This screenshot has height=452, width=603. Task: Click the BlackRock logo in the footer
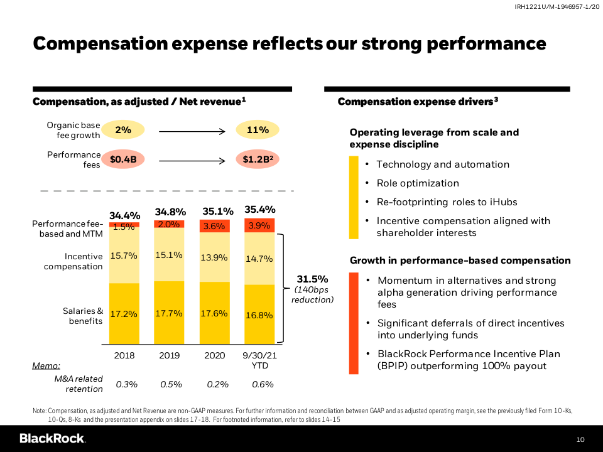[52, 438]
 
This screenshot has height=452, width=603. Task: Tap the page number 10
[580, 439]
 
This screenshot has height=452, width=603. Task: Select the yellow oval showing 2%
[123, 130]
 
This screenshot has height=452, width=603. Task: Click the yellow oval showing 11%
[258, 130]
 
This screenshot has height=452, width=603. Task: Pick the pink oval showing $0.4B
[123, 159]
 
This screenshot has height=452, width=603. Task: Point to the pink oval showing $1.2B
[258, 159]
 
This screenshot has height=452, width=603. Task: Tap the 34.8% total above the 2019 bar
[170, 212]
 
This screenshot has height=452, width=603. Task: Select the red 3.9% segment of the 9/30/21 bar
[259, 225]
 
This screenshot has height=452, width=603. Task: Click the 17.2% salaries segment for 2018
[124, 314]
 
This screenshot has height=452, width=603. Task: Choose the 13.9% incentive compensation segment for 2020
[214, 258]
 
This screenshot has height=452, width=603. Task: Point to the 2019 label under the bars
[169, 355]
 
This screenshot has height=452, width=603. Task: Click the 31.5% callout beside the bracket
[312, 279]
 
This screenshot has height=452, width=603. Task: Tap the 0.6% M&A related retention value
[259, 384]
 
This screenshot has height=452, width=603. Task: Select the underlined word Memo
[46, 365]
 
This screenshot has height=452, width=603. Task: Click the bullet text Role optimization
[418, 183]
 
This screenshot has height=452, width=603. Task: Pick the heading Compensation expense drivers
[418, 102]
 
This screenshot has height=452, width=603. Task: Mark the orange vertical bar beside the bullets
[354, 323]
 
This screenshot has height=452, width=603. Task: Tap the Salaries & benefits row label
[83, 316]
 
